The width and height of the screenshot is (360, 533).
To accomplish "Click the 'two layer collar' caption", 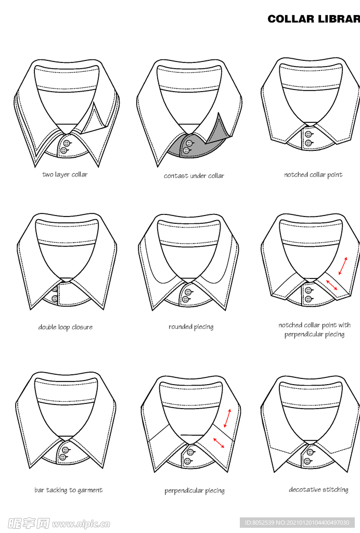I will [x=65, y=174].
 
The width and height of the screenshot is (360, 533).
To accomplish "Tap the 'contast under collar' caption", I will [x=194, y=176].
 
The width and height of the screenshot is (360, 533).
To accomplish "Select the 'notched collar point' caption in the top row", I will [x=313, y=175].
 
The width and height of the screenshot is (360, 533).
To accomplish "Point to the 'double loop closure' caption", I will [x=66, y=327].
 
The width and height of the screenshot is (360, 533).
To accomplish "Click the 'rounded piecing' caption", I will [x=191, y=327].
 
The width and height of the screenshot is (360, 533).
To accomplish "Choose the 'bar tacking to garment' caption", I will [x=69, y=490].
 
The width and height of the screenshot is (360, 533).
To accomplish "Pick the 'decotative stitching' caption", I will [x=318, y=490].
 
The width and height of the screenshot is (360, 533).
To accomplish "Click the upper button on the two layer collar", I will [x=67, y=143].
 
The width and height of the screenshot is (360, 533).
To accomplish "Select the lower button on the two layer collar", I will [x=64, y=150].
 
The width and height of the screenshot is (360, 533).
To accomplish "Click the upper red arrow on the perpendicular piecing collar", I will [x=228, y=418].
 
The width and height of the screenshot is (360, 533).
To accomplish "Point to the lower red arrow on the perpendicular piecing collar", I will [x=218, y=442].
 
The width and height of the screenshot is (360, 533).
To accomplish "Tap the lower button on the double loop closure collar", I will [x=55, y=298].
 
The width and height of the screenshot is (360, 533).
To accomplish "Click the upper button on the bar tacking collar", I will [x=66, y=450].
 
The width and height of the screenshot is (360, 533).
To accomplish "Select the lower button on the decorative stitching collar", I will [x=307, y=461].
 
